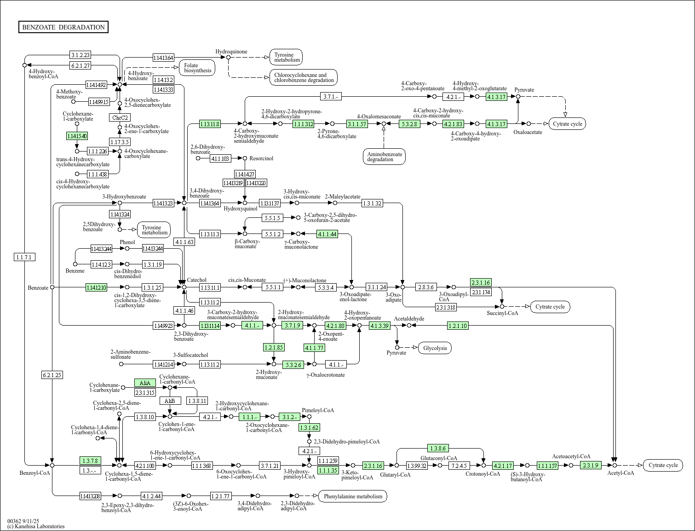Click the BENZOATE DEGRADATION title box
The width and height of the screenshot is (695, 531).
point(63,27)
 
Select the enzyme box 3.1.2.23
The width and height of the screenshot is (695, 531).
point(80,54)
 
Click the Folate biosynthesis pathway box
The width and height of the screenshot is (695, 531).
point(197,68)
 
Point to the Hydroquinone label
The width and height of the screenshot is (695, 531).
point(231,52)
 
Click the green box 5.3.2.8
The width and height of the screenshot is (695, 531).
point(409,124)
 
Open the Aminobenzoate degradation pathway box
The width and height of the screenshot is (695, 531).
point(384,157)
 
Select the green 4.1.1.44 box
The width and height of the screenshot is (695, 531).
point(327,234)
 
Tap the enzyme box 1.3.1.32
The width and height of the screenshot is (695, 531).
point(372,203)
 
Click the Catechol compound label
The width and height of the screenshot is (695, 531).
point(196,280)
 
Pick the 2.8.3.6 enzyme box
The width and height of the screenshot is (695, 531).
point(425,287)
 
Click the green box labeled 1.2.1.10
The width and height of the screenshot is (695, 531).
point(458,326)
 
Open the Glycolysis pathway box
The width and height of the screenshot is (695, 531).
point(435,348)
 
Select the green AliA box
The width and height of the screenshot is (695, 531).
point(145,383)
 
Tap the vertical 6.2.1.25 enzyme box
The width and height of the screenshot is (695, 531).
point(52,375)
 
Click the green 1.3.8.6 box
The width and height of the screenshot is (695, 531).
point(438,448)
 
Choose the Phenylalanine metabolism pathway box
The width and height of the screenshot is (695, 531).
point(353,496)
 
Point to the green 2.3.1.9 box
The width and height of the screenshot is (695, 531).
point(591,465)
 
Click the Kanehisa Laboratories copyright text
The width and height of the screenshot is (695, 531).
point(36,526)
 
